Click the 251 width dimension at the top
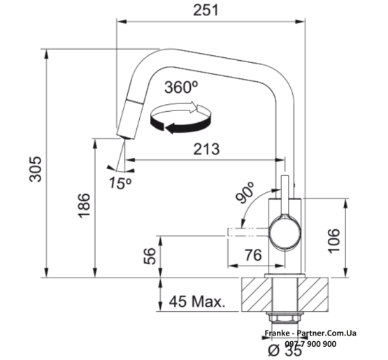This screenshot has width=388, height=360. click(206, 10)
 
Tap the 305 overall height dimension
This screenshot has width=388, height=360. click(36, 169)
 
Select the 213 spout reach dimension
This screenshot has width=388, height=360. click(206, 149)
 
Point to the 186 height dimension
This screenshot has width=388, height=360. click(84, 206)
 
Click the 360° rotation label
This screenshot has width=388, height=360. click(181, 87)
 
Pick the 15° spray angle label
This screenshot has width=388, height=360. click(120, 183)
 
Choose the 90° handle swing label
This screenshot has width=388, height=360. click(245, 192)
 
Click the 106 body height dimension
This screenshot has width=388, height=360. click(333, 240)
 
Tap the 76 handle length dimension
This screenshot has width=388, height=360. click(253, 255)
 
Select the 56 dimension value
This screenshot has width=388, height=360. click(150, 256)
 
